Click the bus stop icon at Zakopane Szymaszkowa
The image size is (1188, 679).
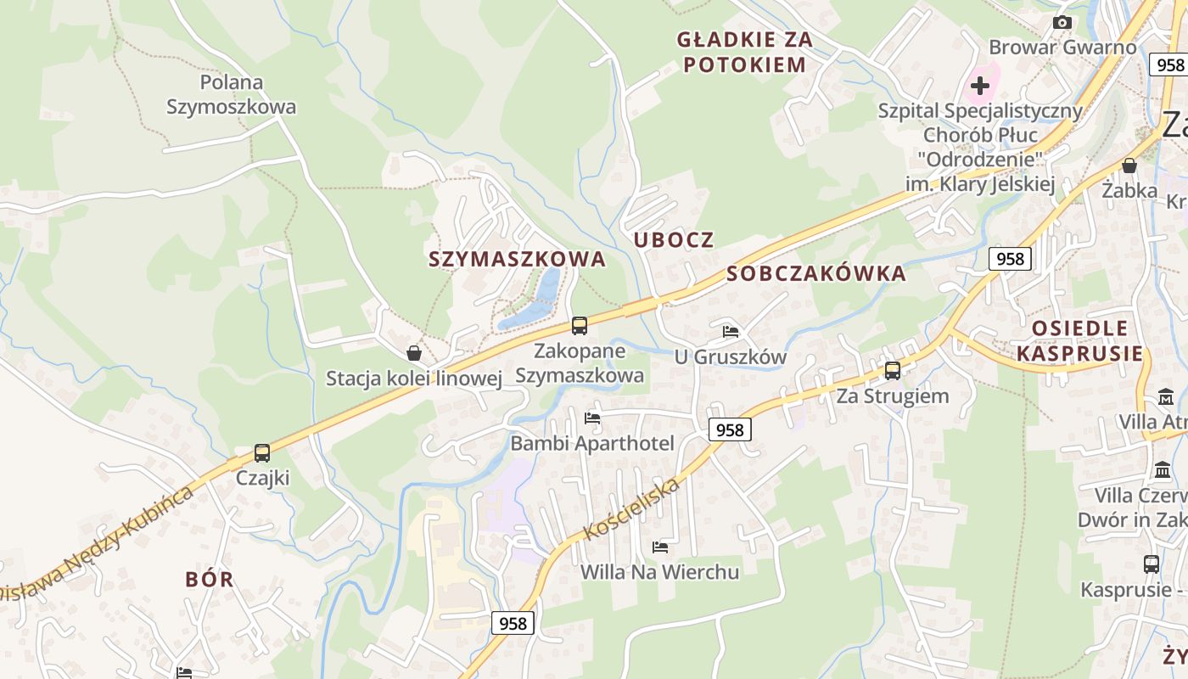(x=580, y=325)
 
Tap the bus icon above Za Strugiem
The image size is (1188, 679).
(x=892, y=370)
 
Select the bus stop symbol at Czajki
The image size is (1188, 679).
(x=262, y=452)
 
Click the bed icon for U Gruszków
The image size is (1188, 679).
(x=731, y=332)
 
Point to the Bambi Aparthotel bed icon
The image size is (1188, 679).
(x=592, y=418)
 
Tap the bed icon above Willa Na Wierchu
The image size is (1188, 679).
(x=659, y=547)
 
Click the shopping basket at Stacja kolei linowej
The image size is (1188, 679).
(x=414, y=353)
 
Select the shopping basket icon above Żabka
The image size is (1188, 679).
(x=1129, y=166)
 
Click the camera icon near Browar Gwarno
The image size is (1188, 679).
(x=1062, y=23)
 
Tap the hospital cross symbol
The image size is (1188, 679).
(x=980, y=85)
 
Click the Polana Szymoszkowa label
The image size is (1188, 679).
(x=232, y=94)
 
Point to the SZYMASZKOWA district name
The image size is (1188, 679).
(x=518, y=259)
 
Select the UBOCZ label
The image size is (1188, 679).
(x=674, y=239)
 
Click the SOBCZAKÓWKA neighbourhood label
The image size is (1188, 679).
(x=816, y=273)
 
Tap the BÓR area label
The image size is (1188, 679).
(x=209, y=579)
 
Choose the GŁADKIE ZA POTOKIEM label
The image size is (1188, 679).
(x=744, y=52)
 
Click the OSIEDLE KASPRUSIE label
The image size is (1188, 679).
(x=1079, y=340)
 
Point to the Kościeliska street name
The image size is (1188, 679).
(x=632, y=509)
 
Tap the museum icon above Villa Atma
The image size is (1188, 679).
(x=1165, y=396)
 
